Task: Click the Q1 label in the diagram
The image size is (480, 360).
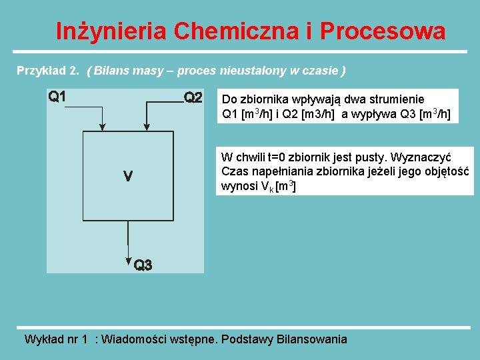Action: (x=57, y=96)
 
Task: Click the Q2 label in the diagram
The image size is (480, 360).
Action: (x=193, y=98)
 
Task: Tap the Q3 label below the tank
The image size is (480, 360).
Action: (x=143, y=265)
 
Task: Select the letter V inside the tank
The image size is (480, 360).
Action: (x=128, y=177)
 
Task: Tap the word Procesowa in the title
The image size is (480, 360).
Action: (x=383, y=31)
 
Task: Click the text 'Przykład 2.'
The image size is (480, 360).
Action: (x=48, y=70)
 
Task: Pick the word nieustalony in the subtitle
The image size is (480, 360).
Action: (x=259, y=70)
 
